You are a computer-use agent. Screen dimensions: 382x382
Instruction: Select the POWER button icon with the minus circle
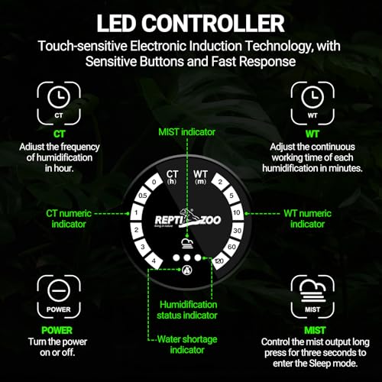[x=59, y=296]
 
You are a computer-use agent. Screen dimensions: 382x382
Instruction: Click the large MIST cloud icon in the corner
[x=312, y=296]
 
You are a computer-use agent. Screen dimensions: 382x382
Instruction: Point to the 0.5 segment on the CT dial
[x=143, y=196]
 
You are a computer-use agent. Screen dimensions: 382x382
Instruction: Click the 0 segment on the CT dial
[x=154, y=182]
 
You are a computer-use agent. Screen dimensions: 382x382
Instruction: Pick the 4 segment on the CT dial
[x=154, y=261]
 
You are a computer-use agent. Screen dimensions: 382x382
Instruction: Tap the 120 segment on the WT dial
[x=219, y=261]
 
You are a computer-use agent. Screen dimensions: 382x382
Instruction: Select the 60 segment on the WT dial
[x=231, y=247]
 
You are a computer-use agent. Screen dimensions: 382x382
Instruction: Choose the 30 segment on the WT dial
[x=238, y=231]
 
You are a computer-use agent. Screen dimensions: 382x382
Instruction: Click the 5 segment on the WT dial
[x=231, y=196]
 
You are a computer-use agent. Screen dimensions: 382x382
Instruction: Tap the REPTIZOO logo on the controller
[x=188, y=219]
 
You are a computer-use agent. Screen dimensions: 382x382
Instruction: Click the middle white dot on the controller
[x=187, y=257]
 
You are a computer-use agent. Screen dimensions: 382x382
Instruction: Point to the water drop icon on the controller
[x=187, y=270]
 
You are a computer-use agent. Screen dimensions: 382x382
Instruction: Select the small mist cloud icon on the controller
[x=187, y=244]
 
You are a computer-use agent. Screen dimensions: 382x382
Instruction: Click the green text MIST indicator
[x=186, y=132]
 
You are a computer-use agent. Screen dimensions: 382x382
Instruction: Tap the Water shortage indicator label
[x=187, y=345]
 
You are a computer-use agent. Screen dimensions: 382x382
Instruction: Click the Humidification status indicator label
[x=187, y=310]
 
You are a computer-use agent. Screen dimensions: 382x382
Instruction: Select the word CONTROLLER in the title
[x=213, y=23]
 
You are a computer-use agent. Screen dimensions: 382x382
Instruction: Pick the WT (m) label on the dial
[x=200, y=177]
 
